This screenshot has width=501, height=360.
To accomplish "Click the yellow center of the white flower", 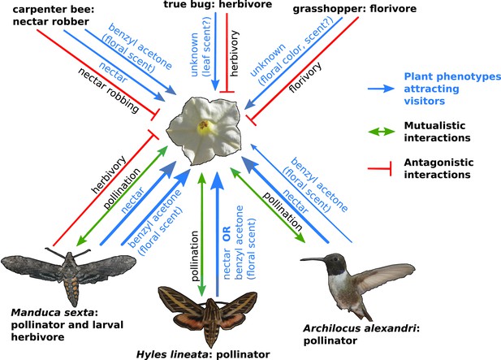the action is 204,126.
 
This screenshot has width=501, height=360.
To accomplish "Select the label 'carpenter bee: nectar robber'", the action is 54,15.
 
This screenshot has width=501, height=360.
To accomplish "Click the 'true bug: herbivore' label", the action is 218,4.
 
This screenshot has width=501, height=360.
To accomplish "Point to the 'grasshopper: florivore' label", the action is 355,8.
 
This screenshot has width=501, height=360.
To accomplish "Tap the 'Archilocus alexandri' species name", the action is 360,328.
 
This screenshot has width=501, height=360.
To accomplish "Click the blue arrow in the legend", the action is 381,89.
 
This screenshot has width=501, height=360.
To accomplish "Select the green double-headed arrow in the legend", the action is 381,132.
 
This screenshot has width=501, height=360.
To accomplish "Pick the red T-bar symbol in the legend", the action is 379,168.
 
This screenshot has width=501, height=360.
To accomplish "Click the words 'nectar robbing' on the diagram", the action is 109,90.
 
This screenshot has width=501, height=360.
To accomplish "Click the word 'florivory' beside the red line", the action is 304,77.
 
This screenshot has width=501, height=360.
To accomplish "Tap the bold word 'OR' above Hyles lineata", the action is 227,234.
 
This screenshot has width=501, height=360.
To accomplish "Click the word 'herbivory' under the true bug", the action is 234,53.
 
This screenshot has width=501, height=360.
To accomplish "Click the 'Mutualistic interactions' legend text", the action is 437,132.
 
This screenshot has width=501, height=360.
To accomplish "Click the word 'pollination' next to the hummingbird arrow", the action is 282,211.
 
